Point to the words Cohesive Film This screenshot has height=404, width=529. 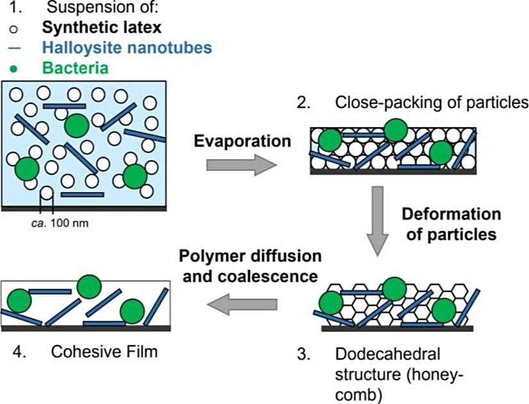coord(104,351)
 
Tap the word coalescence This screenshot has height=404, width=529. coord(280,276)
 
